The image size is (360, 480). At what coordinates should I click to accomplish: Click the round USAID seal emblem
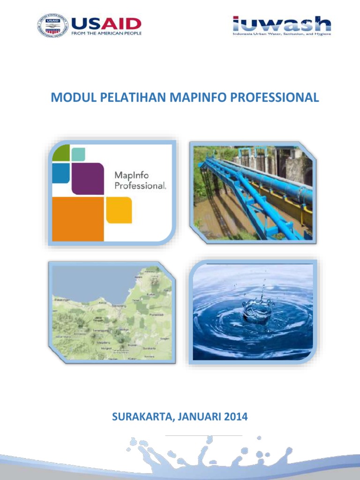(x=52, y=26)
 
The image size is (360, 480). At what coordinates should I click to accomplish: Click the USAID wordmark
(x=106, y=23)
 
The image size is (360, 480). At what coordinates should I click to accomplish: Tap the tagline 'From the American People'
(x=106, y=33)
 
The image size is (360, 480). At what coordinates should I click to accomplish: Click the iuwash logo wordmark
(x=282, y=24)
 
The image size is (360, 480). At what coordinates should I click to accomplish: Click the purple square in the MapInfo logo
(x=87, y=178)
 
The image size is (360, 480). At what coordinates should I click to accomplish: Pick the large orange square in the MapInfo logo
(x=77, y=219)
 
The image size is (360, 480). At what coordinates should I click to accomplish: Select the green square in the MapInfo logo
(x=60, y=153)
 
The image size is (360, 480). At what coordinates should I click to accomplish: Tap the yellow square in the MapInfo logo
(x=119, y=210)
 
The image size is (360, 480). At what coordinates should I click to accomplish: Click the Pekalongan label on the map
(x=62, y=299)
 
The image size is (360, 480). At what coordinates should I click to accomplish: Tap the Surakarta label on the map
(x=149, y=348)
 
